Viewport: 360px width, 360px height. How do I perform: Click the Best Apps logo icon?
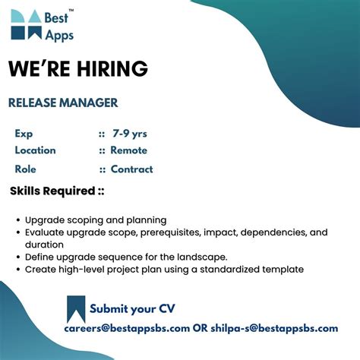[27, 25]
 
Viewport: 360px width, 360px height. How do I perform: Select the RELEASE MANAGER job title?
[63, 103]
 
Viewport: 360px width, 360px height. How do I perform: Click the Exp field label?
[24, 134]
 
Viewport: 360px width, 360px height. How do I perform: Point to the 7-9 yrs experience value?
[129, 134]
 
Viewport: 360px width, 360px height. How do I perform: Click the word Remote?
[129, 150]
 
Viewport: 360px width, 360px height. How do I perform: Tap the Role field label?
[25, 169]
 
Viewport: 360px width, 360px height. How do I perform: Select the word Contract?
[131, 169]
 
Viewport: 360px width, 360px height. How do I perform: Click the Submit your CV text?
[133, 309]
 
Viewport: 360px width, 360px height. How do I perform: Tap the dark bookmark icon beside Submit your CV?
[76, 308]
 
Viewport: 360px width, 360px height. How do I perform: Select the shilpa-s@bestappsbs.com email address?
[275, 328]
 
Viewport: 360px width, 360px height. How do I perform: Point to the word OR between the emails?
[201, 328]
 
